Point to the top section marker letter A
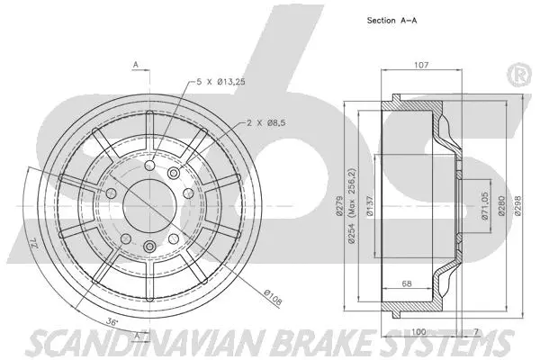[x=135, y=65]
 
